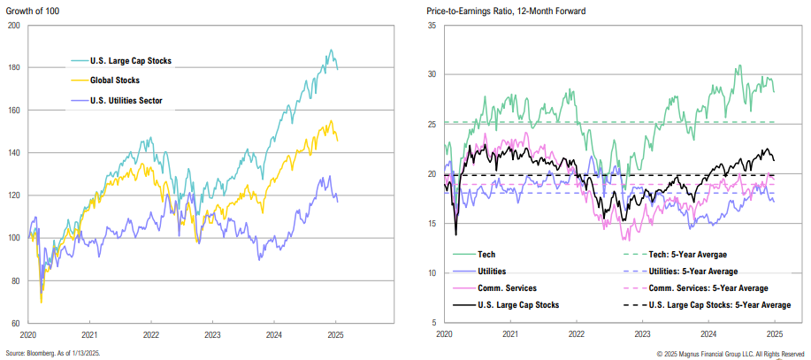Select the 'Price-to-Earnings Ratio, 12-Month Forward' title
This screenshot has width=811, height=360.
pos(505,11)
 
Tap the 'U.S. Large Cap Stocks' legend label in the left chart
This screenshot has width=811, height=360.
pos(130,61)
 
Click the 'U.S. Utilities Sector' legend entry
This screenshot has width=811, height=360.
pos(132,100)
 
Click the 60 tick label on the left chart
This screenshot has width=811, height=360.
pos(15,324)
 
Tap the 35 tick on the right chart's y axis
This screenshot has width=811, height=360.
pos(432,27)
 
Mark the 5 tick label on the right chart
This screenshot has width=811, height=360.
pos(434,322)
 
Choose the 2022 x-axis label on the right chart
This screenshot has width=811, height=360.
pos(576,336)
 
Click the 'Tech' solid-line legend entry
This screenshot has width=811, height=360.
pos(486,254)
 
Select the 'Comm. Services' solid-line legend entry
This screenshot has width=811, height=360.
pos(505,288)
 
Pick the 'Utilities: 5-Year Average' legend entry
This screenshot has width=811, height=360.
pos(695,271)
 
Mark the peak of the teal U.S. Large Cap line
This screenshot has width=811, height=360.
pos(331,50)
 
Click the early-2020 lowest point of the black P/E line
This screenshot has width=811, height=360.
pos(456,234)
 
